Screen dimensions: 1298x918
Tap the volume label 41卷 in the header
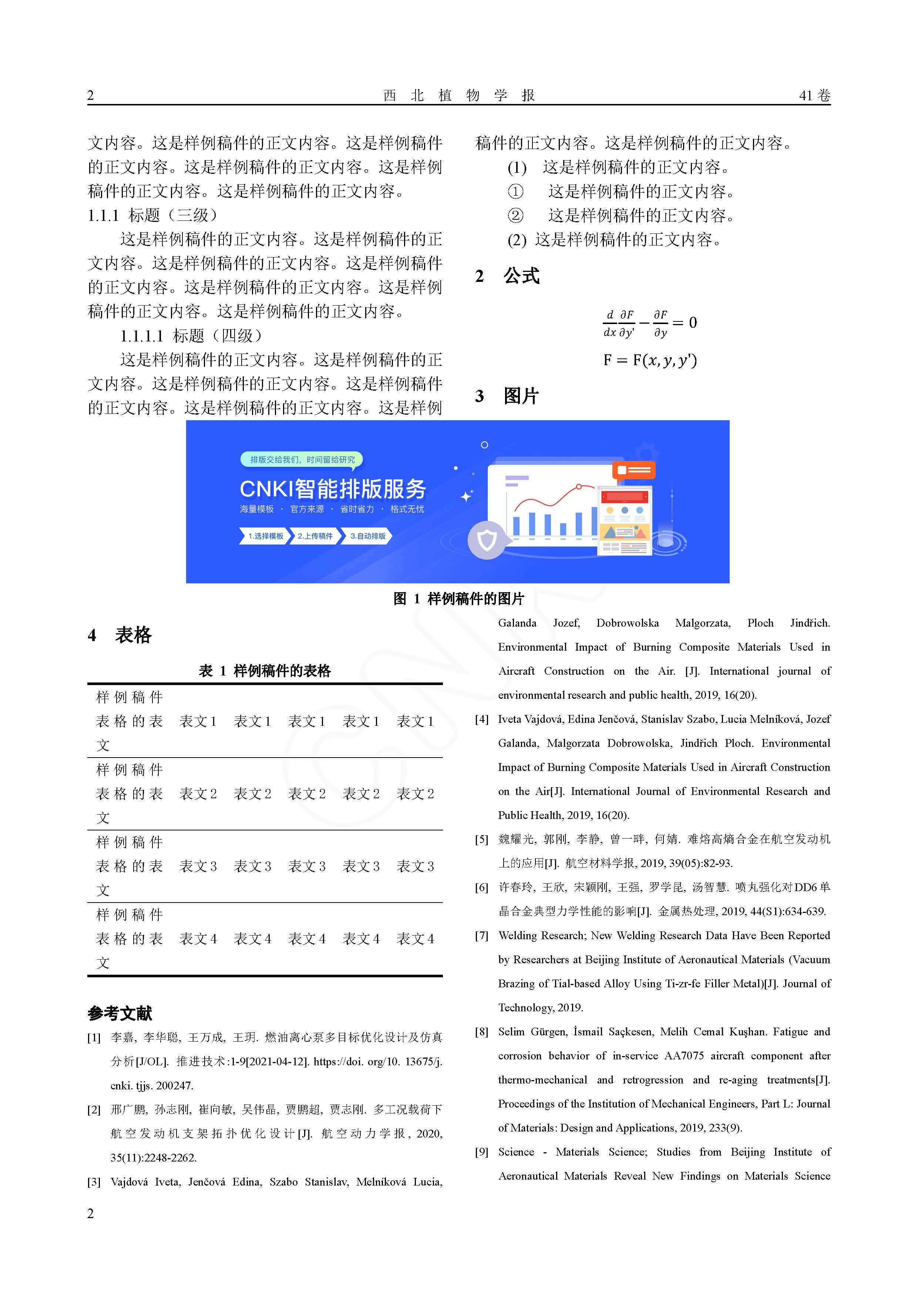[x=814, y=95]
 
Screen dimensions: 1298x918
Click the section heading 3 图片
[x=507, y=396]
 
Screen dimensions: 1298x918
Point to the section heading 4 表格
[x=120, y=635]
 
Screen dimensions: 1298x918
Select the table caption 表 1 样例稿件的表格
[x=265, y=671]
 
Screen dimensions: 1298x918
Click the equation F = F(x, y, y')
[x=650, y=360]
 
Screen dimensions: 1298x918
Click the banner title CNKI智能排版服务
[x=333, y=489]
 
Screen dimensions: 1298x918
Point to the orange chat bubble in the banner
[x=633, y=471]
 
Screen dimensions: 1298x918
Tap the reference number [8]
[x=481, y=1032]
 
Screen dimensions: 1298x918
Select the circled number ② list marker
[x=515, y=215]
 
